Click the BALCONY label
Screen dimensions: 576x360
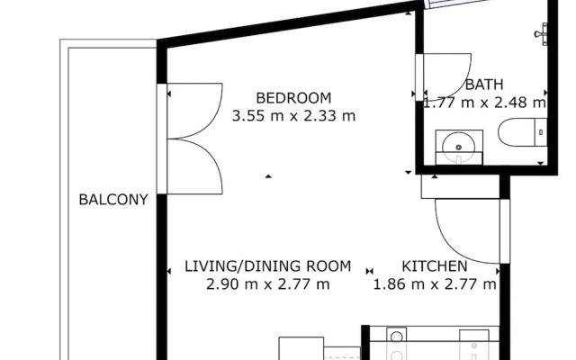point(113,200)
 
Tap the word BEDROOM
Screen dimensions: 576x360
point(293,98)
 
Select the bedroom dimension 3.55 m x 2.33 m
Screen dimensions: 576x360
point(293,116)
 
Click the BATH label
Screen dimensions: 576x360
point(484,85)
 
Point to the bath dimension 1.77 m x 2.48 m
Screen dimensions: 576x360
point(484,103)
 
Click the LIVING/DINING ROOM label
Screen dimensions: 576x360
point(267,266)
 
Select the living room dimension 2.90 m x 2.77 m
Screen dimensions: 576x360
point(267,284)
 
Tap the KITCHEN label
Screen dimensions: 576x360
point(435,266)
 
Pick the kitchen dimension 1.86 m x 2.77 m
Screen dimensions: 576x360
point(435,284)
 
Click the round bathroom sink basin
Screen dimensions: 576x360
point(458,147)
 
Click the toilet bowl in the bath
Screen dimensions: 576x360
point(516,132)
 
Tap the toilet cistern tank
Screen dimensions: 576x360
point(540,132)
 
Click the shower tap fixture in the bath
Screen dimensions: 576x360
point(541,34)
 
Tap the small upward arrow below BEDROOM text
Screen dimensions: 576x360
point(268,176)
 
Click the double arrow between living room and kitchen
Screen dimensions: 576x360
point(370,272)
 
